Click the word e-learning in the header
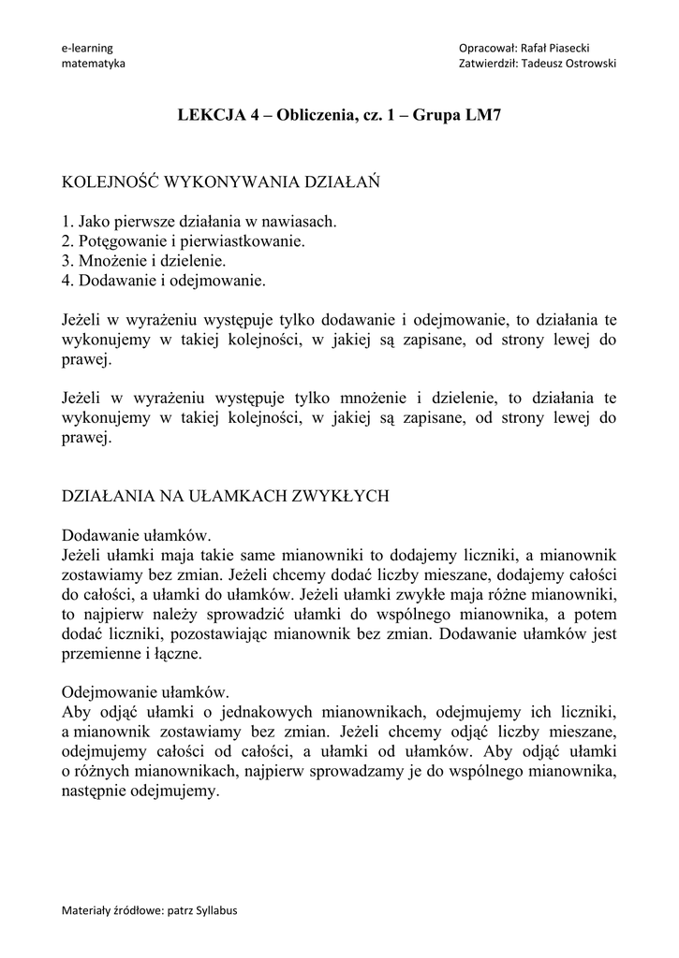[85, 48]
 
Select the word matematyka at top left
[93, 63]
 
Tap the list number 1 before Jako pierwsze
[66, 223]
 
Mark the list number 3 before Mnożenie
[66, 260]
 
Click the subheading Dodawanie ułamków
[137, 535]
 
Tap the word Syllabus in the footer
[214, 910]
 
